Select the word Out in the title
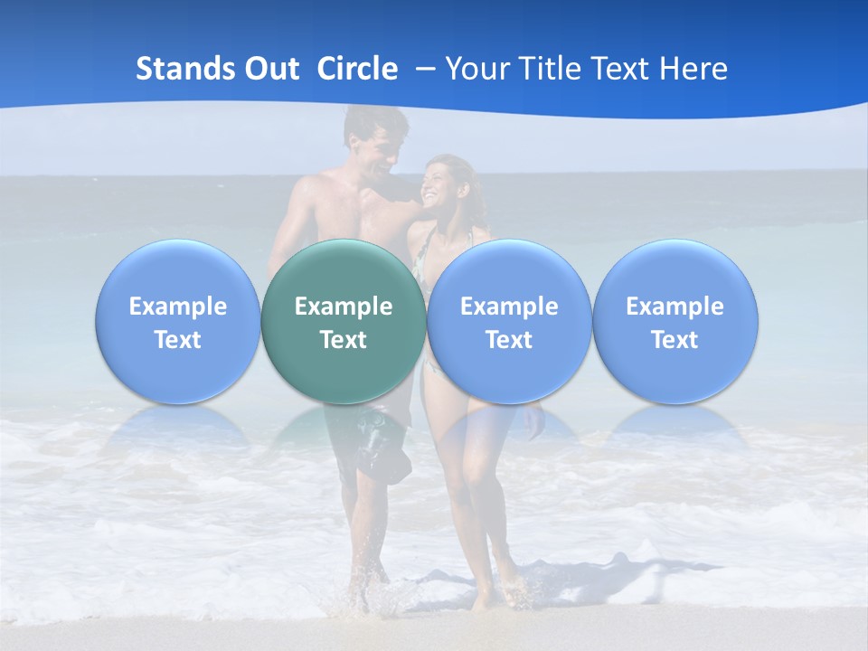pyautogui.click(x=270, y=69)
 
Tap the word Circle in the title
pyautogui.click(x=357, y=69)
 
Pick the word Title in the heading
pyautogui.click(x=550, y=69)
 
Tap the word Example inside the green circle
pyautogui.click(x=343, y=307)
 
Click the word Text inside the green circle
pyautogui.click(x=343, y=340)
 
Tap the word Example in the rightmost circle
pyautogui.click(x=675, y=307)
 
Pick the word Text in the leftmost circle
pyautogui.click(x=177, y=340)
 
